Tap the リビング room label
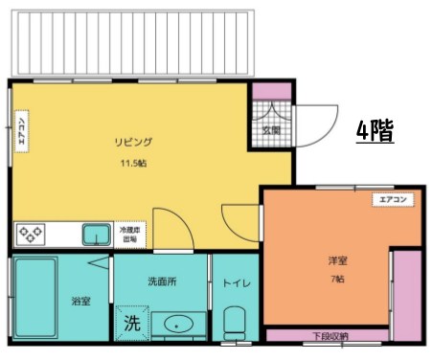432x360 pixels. pyautogui.click(x=134, y=143)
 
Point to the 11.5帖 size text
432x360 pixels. pyautogui.click(x=133, y=164)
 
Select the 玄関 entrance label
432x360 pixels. pyautogui.click(x=271, y=130)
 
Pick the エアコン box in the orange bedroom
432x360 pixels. pyautogui.click(x=394, y=200)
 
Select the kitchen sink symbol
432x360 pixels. pyautogui.click(x=96, y=234)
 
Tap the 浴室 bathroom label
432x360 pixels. pyautogui.click(x=80, y=302)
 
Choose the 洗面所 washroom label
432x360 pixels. pyautogui.click(x=160, y=282)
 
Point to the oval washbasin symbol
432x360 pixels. pyautogui.click(x=177, y=325)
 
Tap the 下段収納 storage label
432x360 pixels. pyautogui.click(x=330, y=336)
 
